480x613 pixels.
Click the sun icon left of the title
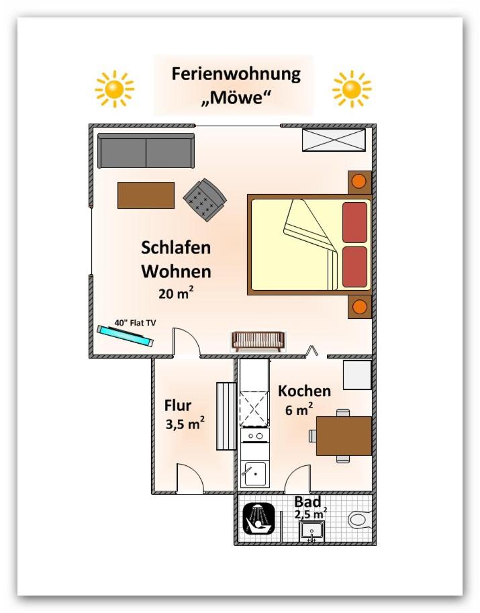point(115,89)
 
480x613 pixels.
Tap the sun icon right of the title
point(352,89)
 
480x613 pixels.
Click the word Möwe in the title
point(237,97)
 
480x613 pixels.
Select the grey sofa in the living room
point(146,150)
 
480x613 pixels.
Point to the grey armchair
point(205,199)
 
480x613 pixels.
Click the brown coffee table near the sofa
point(146,195)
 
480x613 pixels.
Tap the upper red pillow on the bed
point(355,222)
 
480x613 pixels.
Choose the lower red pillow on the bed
point(355,267)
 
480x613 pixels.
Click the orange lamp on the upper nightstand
point(359,181)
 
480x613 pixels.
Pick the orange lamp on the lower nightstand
point(360,307)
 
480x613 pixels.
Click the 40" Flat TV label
point(135,322)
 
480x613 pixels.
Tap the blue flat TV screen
point(126,336)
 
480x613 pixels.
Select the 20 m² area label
point(176,293)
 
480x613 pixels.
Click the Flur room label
point(178,406)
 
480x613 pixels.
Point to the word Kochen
point(305,391)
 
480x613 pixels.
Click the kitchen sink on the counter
point(254,474)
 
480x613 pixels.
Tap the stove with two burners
point(254,435)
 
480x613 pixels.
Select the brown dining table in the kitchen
point(344,436)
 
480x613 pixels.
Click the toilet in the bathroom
point(359,520)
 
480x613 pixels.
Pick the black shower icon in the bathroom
point(258,518)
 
